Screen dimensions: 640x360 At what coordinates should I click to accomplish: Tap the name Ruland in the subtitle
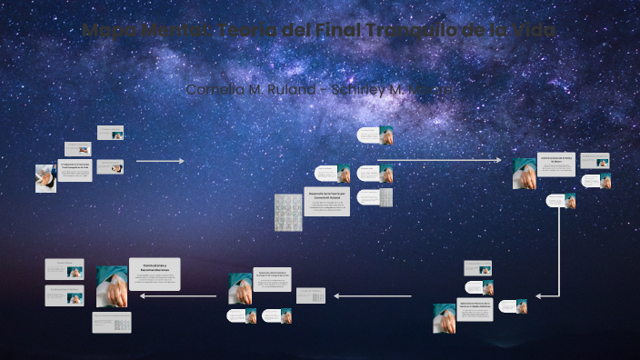(288, 89)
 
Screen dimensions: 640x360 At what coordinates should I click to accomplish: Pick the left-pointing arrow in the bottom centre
(373, 295)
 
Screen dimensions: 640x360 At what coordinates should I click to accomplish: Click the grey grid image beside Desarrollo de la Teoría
(288, 211)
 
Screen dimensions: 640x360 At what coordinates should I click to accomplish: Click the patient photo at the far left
(45, 177)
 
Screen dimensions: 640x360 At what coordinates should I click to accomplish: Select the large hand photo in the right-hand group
(524, 173)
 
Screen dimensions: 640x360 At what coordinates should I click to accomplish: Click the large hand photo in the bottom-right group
(445, 317)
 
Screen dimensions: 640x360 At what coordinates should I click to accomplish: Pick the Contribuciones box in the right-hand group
(555, 164)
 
